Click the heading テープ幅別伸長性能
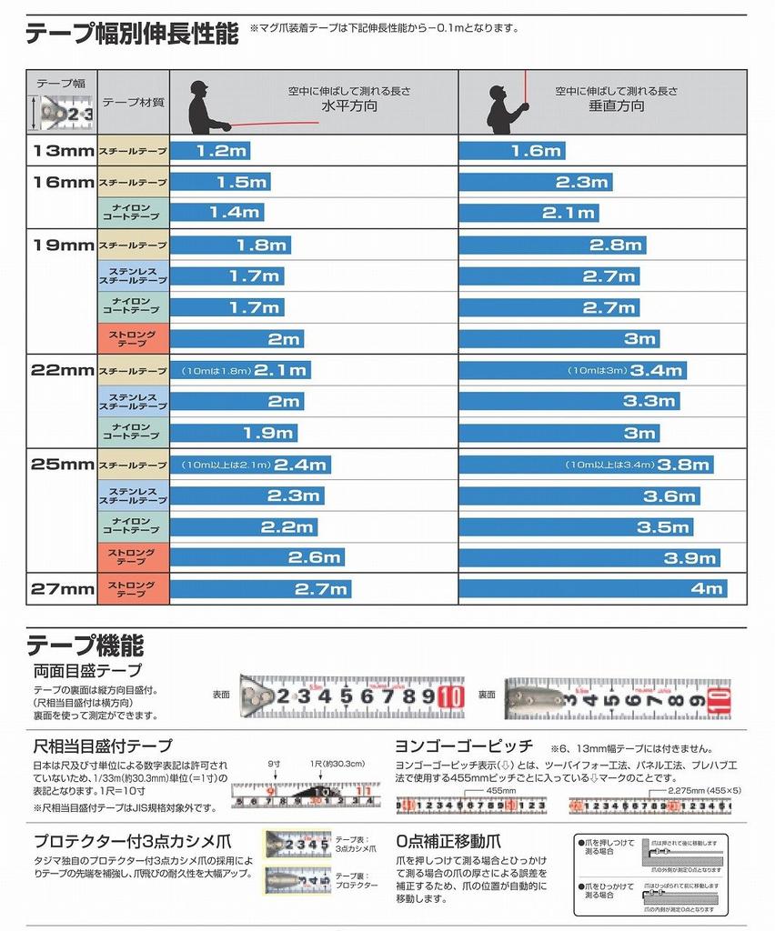(x=131, y=34)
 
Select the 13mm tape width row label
(x=62, y=151)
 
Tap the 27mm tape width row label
(x=62, y=589)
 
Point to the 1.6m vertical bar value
(x=536, y=151)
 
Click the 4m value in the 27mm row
(x=706, y=589)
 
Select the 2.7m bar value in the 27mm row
(x=321, y=589)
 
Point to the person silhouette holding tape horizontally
(x=206, y=108)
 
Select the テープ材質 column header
(x=133, y=103)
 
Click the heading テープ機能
(x=85, y=646)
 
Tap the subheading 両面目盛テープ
(x=87, y=671)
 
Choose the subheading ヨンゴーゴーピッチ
(x=464, y=746)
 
